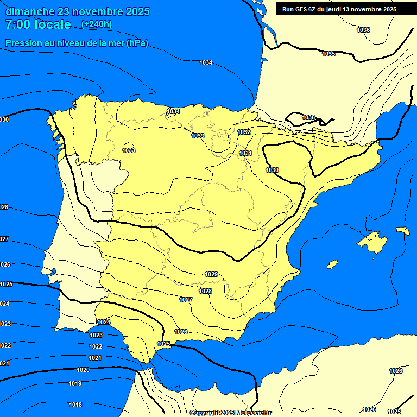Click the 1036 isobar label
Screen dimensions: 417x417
pyautogui.click(x=363, y=30)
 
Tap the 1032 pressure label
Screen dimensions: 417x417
pyautogui.click(x=244, y=132)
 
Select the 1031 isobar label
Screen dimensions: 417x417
pyautogui.click(x=245, y=154)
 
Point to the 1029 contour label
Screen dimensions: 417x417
pyautogui.click(x=211, y=274)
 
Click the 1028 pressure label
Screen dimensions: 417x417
pyautogui.click(x=205, y=291)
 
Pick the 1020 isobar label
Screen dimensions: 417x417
pyautogui.click(x=83, y=370)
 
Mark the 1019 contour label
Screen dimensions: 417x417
pyautogui.click(x=75, y=383)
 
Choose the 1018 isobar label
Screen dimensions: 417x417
pyautogui.click(x=75, y=405)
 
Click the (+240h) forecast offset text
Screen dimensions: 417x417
pyautogui.click(x=96, y=24)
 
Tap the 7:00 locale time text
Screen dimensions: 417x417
pyautogui.click(x=38, y=24)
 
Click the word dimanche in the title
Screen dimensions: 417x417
pyautogui.click(x=30, y=11)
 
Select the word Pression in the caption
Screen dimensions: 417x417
pyautogui.click(x=22, y=43)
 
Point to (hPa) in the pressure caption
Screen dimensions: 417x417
pyautogui.click(x=137, y=43)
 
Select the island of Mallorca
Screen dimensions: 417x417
pyautogui.click(x=374, y=241)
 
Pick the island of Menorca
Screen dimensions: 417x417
pyautogui.click(x=402, y=231)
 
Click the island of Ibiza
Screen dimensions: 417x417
pyautogui.click(x=332, y=264)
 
